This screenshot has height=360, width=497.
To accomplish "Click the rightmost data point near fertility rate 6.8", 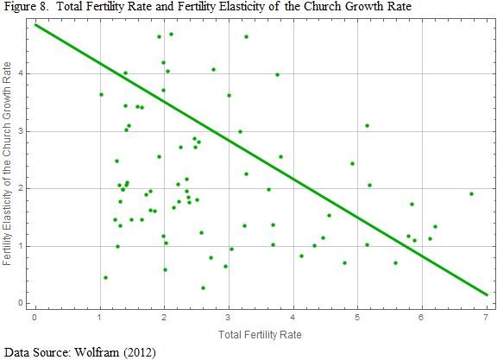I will point(471,193).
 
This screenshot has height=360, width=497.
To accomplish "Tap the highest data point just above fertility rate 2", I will point(171,34).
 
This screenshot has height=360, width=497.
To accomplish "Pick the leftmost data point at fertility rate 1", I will point(101,94).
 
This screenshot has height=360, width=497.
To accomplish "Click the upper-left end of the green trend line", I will point(35,24).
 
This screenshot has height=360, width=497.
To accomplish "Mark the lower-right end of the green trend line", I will point(487,295).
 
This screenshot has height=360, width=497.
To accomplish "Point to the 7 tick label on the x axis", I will point(486,317).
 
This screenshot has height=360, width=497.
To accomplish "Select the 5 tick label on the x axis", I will point(357,317).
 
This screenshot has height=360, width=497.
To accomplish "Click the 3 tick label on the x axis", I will point(229,317).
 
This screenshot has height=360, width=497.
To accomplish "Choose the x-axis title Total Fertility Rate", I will point(260,332).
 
